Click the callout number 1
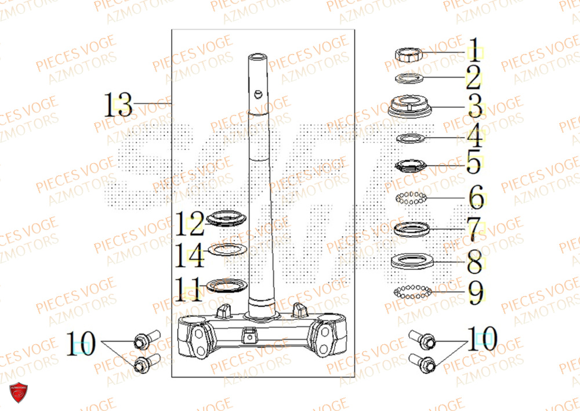point(474,51)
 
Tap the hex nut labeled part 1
point(409,54)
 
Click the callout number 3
point(474,107)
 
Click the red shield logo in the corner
point(19,394)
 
